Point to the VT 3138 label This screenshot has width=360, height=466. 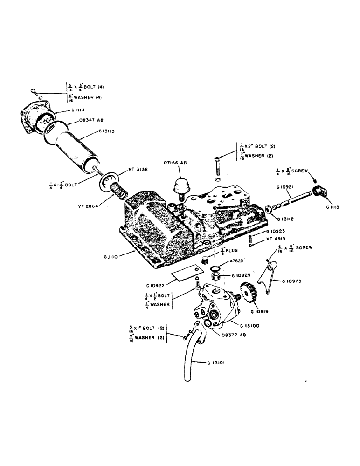point(137,170)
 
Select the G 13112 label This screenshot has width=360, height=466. point(289,218)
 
